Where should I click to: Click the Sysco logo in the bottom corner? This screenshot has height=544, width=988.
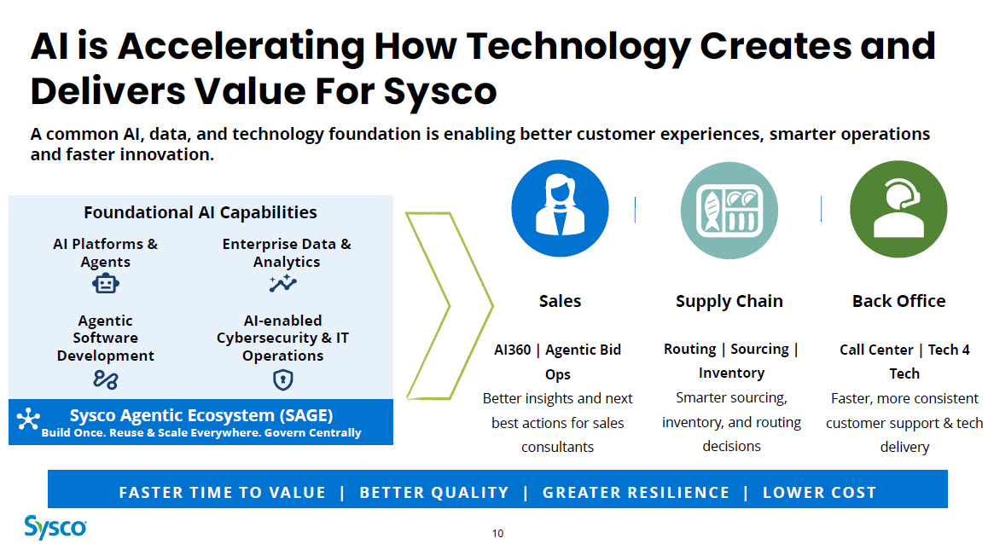(55, 527)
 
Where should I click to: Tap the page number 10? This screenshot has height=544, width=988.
(497, 533)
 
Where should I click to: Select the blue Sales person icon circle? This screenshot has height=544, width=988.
(561, 208)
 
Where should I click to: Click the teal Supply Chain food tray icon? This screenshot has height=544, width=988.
(729, 211)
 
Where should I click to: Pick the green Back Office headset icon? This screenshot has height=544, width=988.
(898, 209)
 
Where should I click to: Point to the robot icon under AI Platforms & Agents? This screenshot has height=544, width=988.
(105, 283)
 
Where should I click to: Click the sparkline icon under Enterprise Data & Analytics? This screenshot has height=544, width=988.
(283, 284)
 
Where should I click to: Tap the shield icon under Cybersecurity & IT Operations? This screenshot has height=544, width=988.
(283, 379)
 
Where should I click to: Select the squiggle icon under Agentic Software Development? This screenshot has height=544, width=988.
(105, 379)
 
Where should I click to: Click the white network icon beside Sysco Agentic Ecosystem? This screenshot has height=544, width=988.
(28, 420)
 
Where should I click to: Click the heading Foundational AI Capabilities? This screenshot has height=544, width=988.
(201, 212)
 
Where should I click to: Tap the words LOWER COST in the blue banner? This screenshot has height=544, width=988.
(819, 492)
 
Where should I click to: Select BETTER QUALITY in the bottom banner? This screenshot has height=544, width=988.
(434, 492)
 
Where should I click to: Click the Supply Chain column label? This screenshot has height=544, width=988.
(729, 302)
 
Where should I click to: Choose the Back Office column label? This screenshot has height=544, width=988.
(898, 301)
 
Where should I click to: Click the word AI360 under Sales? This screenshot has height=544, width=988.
(512, 350)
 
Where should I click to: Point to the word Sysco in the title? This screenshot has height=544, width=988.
(439, 91)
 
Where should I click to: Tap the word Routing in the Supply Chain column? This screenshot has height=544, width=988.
(690, 349)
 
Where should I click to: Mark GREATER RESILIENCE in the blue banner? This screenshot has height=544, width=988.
(636, 492)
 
